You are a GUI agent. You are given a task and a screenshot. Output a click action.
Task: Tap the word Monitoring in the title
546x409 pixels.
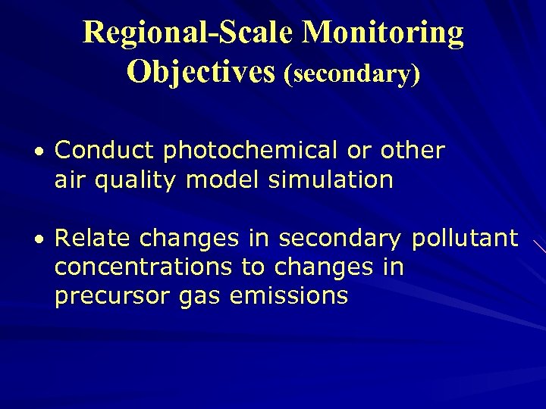pyautogui.click(x=383, y=33)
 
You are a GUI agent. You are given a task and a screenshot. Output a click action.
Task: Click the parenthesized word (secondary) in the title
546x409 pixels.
pyautogui.click(x=352, y=73)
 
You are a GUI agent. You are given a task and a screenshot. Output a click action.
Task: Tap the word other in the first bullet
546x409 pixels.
pyautogui.click(x=412, y=151)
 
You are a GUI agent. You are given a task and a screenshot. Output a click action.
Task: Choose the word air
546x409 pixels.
pyautogui.click(x=70, y=180)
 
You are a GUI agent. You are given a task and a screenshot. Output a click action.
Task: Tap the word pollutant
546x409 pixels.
pyautogui.click(x=464, y=239)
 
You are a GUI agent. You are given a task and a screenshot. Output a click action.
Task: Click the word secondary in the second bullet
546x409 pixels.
pyautogui.click(x=340, y=239)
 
